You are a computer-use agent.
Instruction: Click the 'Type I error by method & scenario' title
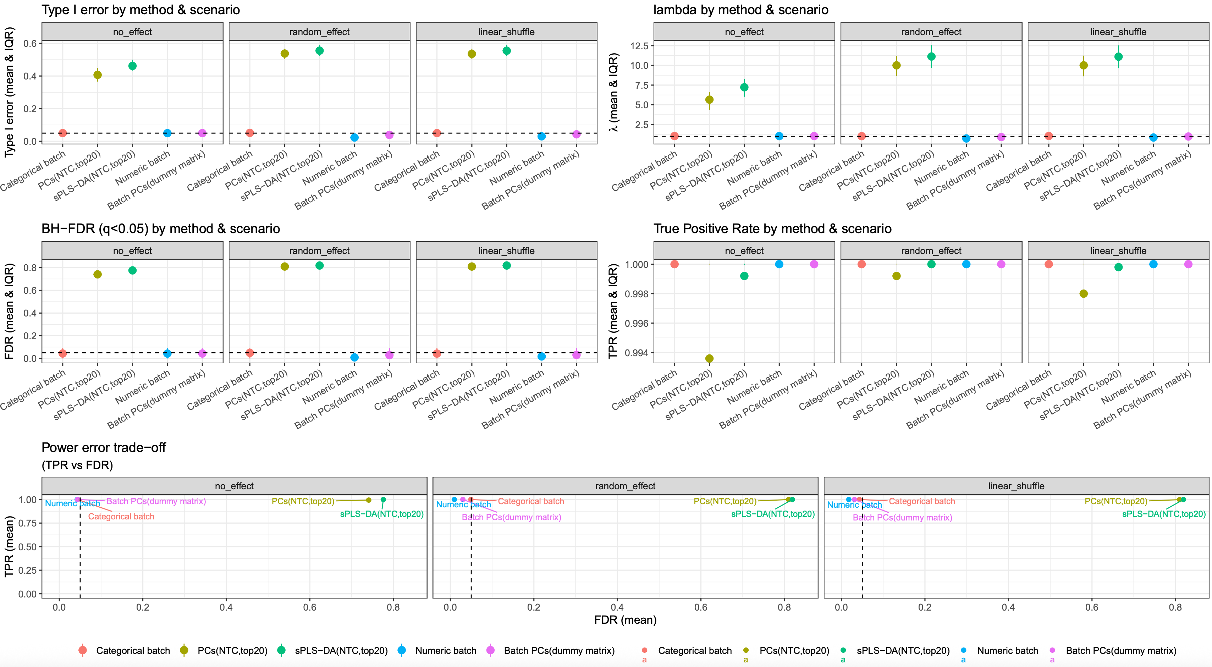[x=141, y=10]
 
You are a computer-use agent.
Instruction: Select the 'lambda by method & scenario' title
[x=740, y=10]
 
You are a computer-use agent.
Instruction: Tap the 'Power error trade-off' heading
[x=104, y=447]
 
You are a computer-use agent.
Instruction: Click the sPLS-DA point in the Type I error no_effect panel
[x=132, y=66]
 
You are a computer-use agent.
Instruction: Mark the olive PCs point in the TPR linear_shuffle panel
[x=1084, y=293]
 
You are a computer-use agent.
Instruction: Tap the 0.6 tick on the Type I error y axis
[x=30, y=43]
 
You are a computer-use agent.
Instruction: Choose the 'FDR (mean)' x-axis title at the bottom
[x=625, y=620]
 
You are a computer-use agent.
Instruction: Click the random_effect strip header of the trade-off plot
[x=625, y=486]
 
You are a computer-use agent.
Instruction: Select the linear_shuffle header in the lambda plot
[x=1118, y=32]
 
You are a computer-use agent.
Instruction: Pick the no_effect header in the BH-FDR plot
[x=132, y=251]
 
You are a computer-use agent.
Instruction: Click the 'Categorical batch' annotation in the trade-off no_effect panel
[x=121, y=517]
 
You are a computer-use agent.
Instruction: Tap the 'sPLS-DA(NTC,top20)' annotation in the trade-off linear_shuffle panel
[x=1163, y=514]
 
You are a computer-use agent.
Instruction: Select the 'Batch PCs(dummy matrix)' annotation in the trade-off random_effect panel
[x=511, y=517]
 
